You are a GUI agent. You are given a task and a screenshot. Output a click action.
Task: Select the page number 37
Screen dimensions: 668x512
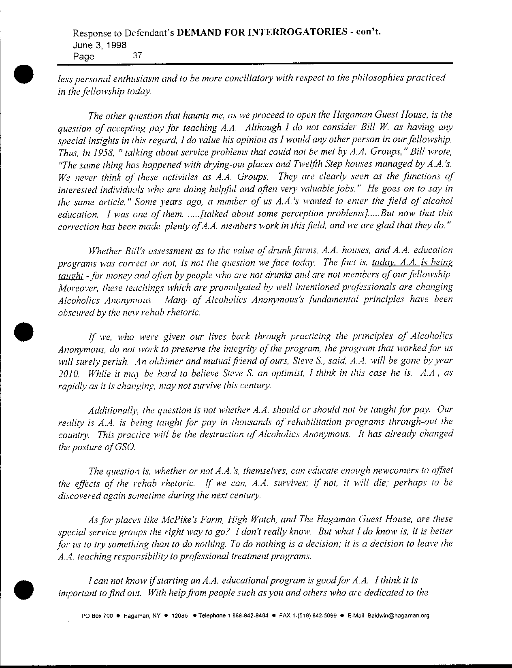tap(137, 56)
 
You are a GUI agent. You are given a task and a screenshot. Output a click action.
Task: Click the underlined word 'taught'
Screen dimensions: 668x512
tap(71, 276)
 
